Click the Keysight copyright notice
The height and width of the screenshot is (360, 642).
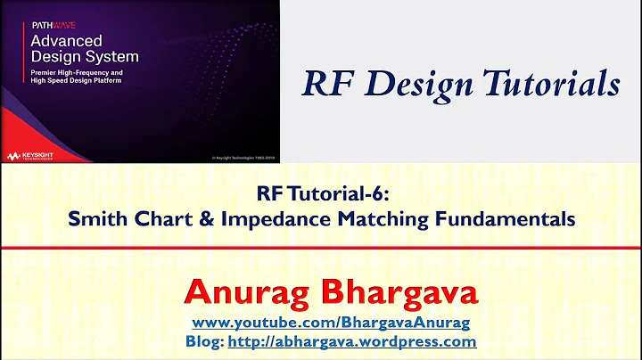pos(243,158)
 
